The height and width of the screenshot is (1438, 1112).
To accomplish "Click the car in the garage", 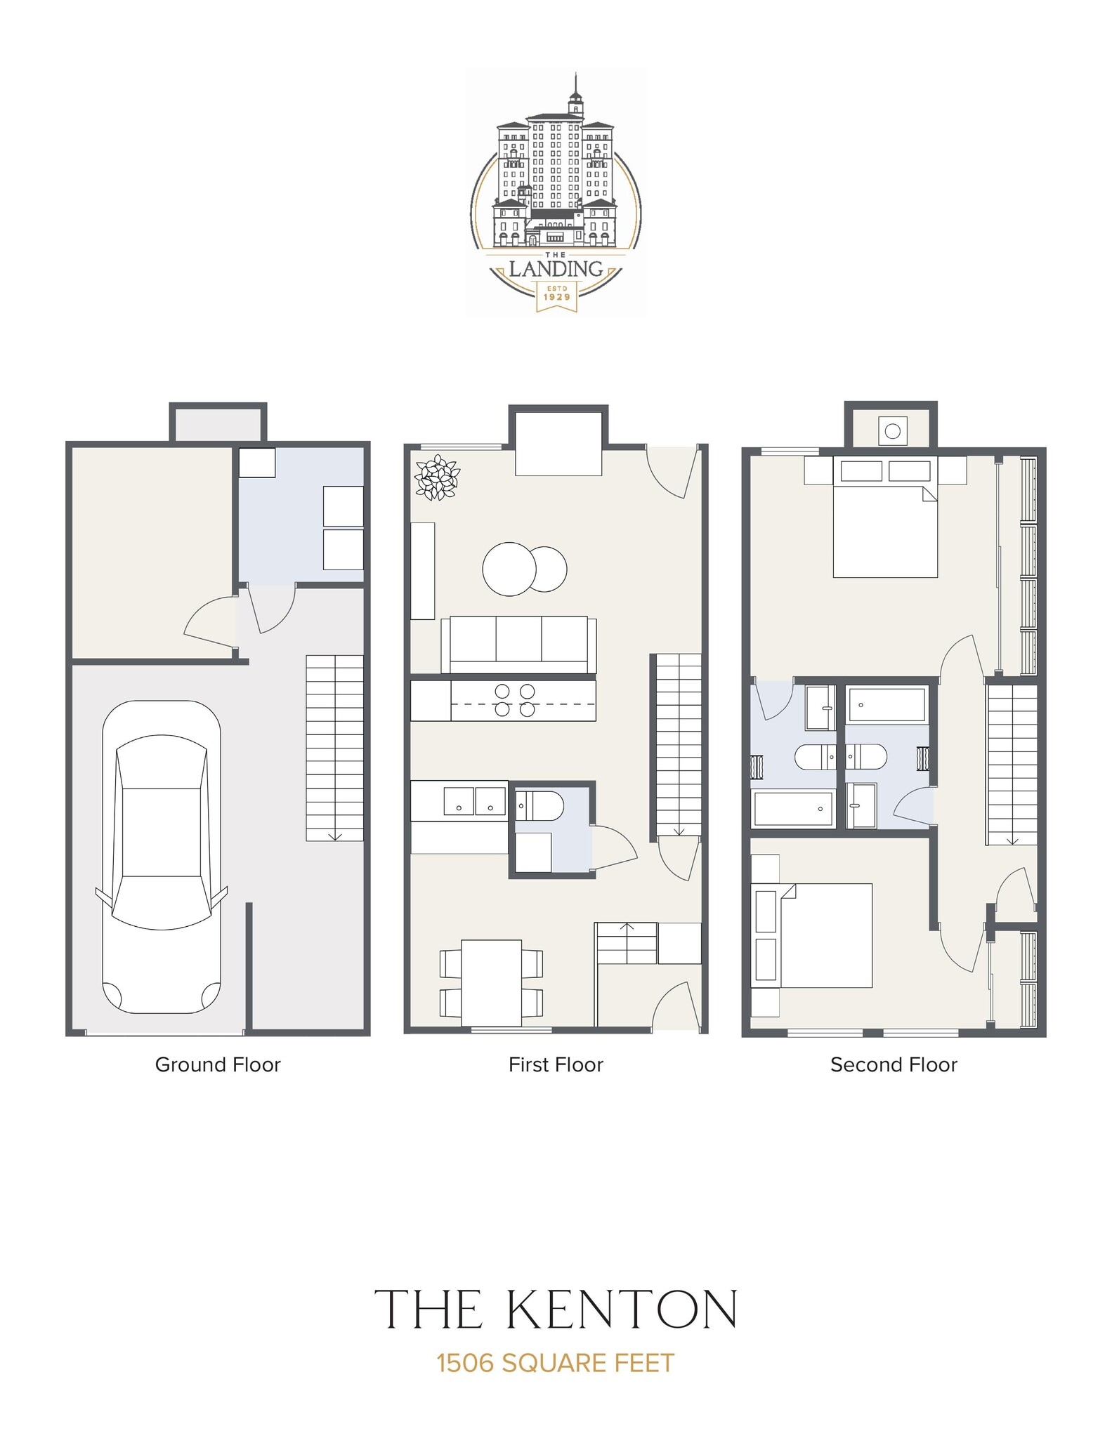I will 162,857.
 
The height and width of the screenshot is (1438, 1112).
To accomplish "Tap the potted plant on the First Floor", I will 436,477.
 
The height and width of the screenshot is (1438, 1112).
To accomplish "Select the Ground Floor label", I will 218,1064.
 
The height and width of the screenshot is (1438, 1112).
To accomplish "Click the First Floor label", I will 556,1064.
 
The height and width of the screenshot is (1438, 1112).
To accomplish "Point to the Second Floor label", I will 894,1064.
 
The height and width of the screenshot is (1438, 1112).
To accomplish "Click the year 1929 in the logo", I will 556,296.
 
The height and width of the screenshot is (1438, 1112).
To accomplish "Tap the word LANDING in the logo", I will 556,269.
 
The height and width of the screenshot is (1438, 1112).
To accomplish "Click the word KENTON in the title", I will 620,1308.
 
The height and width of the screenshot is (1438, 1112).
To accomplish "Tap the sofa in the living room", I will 518,645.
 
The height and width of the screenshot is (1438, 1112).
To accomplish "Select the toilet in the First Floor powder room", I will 539,805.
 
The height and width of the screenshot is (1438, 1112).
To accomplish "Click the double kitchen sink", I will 474,801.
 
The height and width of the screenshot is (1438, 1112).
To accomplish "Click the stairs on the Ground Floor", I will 334,747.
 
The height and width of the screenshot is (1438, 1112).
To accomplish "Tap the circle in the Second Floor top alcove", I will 892,431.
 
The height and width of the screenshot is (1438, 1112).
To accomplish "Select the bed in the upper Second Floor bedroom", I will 885,520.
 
